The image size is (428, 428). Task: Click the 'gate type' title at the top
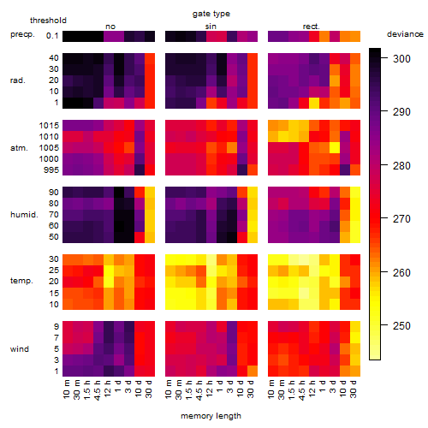(211, 14)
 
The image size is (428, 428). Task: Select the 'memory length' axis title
(211, 416)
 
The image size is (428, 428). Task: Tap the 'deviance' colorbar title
(405, 34)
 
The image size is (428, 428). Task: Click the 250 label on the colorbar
(401, 325)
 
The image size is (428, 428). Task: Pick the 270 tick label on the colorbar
(401, 219)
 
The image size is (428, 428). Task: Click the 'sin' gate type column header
(211, 27)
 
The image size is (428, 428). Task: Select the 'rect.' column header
(312, 27)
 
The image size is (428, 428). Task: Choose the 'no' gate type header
(110, 27)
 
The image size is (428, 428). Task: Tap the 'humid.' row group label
(24, 215)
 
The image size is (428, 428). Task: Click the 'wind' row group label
(20, 349)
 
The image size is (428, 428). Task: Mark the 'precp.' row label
(22, 35)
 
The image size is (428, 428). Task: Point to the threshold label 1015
(49, 126)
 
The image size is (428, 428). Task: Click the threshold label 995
(51, 170)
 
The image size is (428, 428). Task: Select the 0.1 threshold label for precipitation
(52, 36)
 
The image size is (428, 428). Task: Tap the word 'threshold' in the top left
(48, 21)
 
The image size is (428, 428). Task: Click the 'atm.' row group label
(19, 148)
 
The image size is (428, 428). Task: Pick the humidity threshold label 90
(54, 193)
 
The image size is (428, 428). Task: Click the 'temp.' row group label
(21, 281)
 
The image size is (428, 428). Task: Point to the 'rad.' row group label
(18, 80)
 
